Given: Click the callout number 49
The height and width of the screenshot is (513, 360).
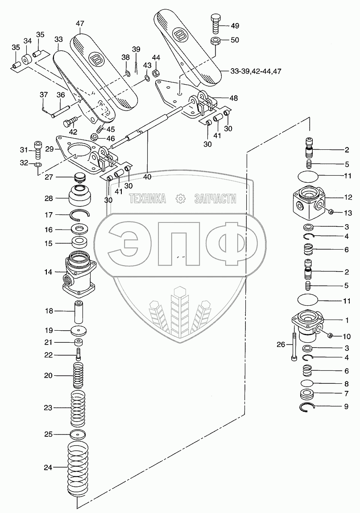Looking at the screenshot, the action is [235, 25].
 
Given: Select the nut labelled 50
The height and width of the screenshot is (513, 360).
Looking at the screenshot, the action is [215, 41].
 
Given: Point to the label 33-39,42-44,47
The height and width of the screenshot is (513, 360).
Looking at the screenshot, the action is [256, 71].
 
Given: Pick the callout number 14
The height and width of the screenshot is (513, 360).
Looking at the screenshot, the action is [48, 271].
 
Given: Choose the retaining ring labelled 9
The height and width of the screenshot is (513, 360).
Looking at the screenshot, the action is [308, 406].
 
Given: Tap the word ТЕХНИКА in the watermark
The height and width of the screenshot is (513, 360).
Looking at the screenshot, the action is [147, 199].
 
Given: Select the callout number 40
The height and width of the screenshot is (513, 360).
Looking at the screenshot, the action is [147, 176].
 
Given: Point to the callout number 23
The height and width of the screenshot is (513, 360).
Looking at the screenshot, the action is [48, 407].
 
